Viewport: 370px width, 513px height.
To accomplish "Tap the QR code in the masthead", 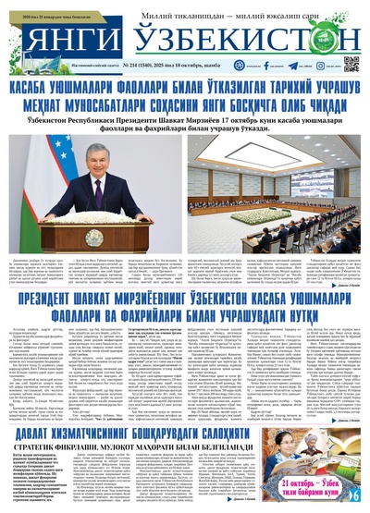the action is (x=351, y=63).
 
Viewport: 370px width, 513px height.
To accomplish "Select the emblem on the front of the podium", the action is (x=100, y=222).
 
